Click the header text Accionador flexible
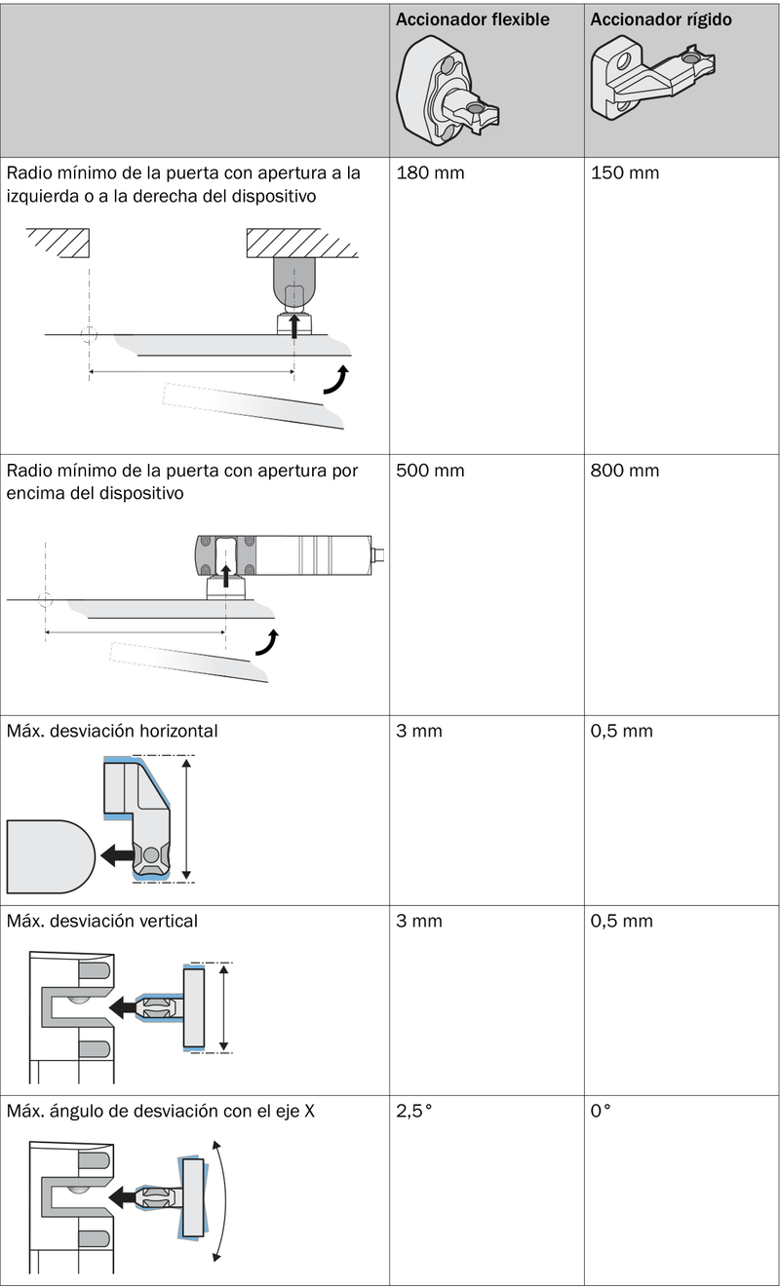472,19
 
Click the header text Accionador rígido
661,19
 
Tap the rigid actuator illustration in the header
652,78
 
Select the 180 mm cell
430,173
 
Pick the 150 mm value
625,173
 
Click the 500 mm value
430,471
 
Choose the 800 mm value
625,471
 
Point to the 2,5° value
413,1111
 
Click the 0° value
600,1111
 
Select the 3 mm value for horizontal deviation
418,732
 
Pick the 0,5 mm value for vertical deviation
621,921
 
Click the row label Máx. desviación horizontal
112,732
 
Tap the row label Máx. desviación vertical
101,921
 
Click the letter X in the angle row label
309,1111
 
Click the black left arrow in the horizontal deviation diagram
117,855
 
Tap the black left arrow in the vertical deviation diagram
122,1006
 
